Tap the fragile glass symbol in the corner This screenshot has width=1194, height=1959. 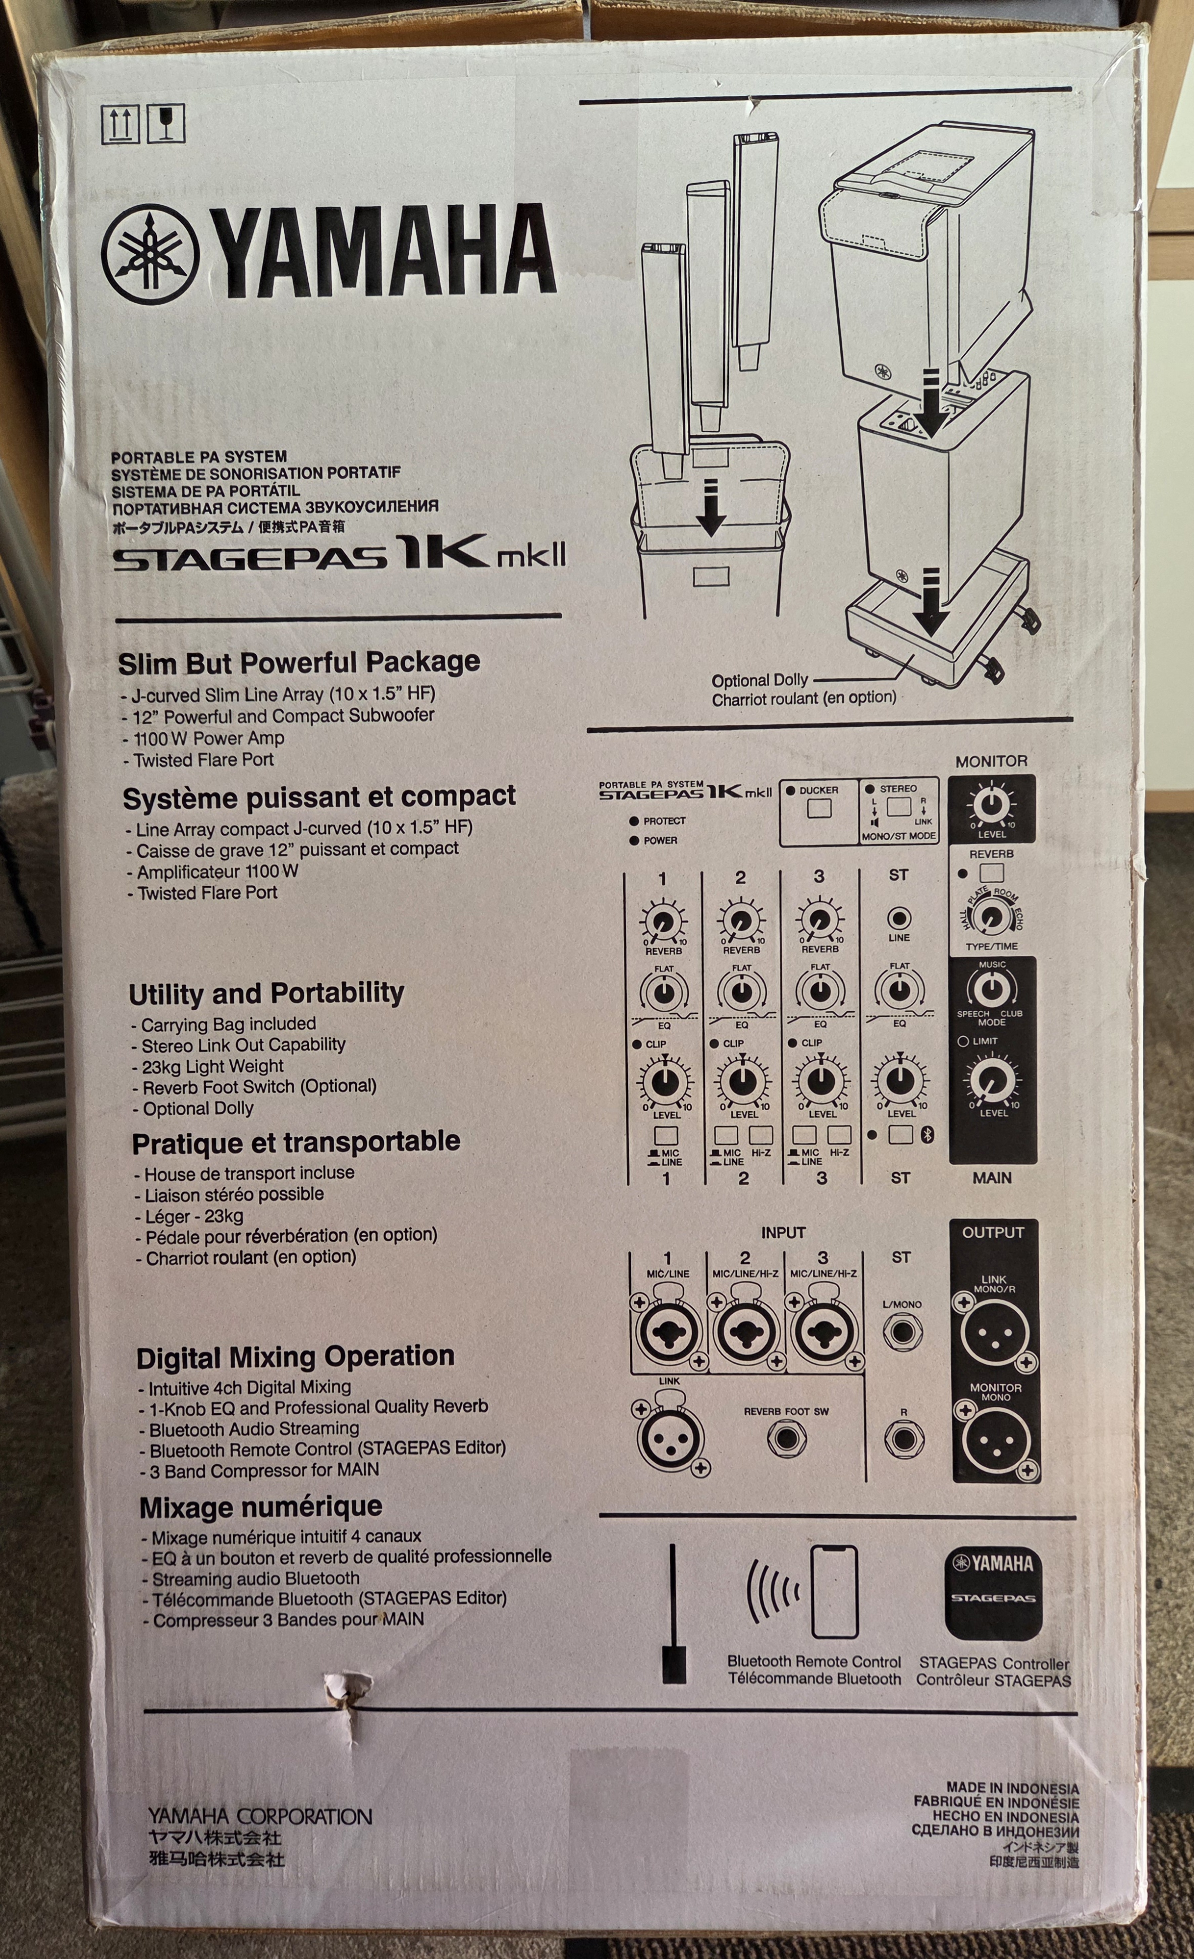166,123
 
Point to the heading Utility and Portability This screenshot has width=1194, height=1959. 266,993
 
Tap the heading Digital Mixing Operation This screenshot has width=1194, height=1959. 295,1356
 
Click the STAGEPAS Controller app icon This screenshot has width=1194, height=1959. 993,1592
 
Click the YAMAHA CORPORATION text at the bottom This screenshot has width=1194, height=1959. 260,1817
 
